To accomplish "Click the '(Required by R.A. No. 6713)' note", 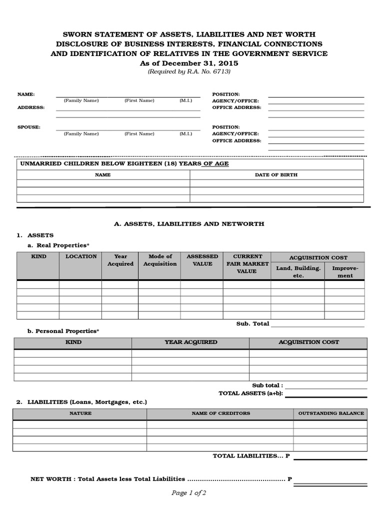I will (x=189, y=71).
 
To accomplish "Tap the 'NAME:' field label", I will (x=26, y=94).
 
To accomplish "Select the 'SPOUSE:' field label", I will (x=29, y=127).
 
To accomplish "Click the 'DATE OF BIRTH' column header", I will (x=276, y=175).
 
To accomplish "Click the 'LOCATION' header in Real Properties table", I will (x=81, y=256).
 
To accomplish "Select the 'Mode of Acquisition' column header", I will (x=160, y=260).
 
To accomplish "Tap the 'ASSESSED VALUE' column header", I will (x=202, y=260).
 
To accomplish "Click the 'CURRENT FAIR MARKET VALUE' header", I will (x=247, y=263).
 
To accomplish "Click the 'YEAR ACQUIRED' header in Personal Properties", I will (x=190, y=342).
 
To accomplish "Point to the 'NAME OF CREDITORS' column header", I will (x=220, y=413).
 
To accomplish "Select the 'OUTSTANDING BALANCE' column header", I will (x=331, y=413).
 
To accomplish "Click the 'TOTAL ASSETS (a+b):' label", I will (x=250, y=393).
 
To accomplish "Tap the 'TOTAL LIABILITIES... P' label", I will (x=251, y=456).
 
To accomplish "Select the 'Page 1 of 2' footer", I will (x=188, y=493).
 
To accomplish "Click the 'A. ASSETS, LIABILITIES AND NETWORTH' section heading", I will (x=189, y=224).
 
